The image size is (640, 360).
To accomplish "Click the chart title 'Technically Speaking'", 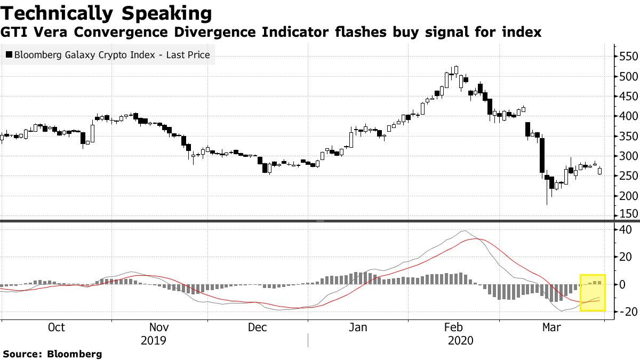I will [107, 13].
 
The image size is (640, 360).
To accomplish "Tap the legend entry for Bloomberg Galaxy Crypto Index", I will [111, 54].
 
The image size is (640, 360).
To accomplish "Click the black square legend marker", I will [8, 54].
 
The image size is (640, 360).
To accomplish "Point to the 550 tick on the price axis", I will [628, 57].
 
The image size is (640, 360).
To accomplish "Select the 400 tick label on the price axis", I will [628, 116].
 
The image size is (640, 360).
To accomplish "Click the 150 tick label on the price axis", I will [628, 214].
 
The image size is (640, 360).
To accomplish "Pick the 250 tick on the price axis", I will [628, 176].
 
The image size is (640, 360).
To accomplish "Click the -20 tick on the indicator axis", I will [624, 312].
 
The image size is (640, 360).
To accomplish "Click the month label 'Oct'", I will [56, 327].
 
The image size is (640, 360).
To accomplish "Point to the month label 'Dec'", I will [258, 327].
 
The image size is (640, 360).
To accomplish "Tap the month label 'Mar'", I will [551, 327].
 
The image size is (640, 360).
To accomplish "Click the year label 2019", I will [154, 340].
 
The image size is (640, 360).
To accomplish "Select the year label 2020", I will [462, 340].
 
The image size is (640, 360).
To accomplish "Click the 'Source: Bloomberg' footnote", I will [52, 354].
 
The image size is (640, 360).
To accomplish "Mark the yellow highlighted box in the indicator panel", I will [593, 292].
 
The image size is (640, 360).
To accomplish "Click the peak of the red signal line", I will [476, 239].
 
